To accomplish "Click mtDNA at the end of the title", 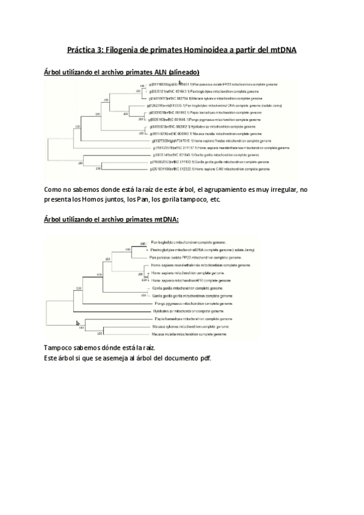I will (281, 49).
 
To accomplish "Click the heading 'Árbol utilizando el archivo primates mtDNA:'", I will (112, 219).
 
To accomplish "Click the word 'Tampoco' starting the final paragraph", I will (59, 347).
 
